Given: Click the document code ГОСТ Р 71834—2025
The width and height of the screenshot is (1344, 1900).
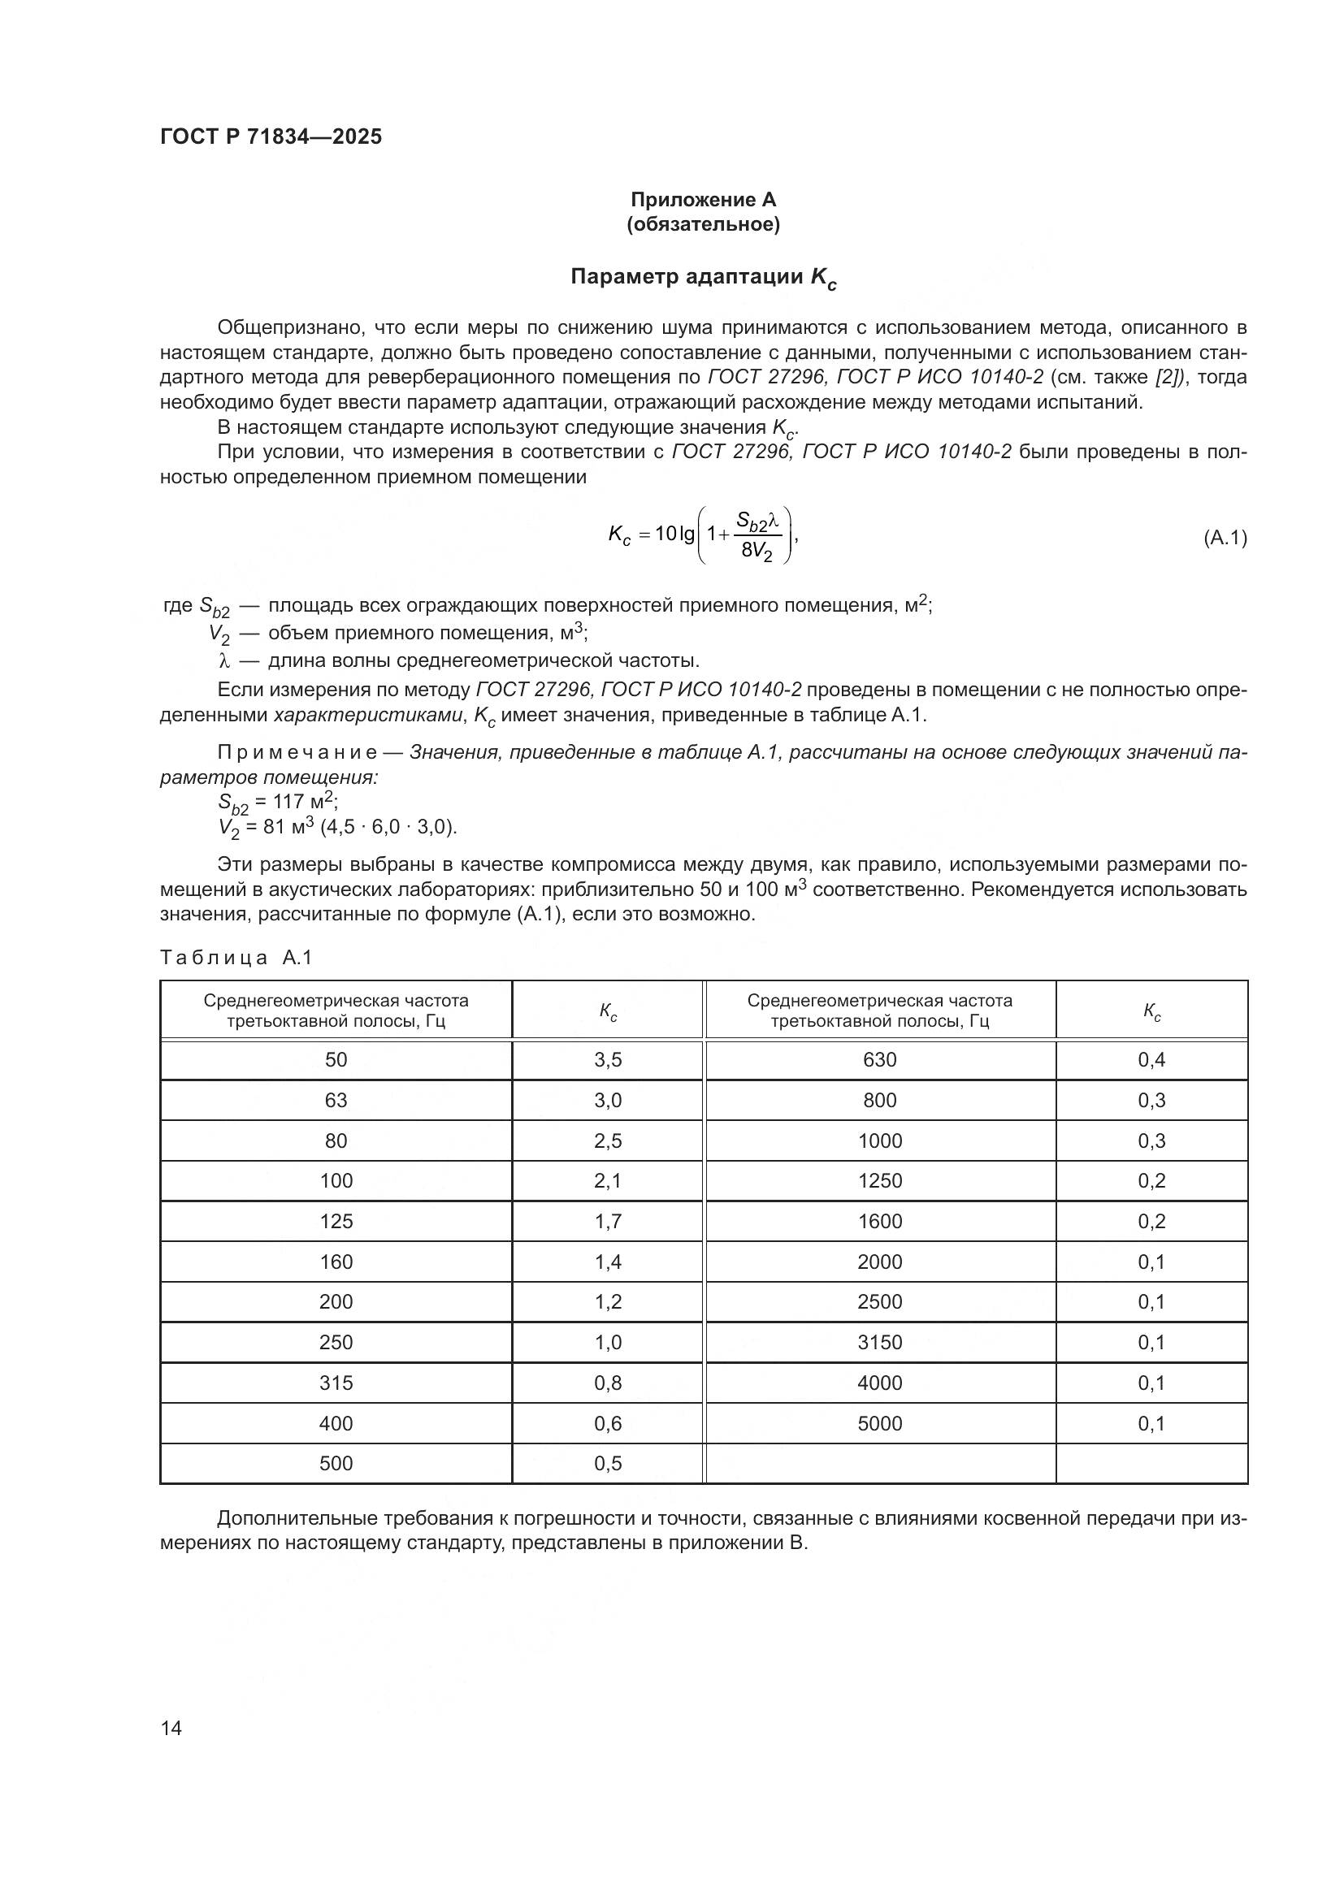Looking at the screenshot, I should (271, 137).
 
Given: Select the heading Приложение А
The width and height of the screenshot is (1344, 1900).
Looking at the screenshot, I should (704, 200).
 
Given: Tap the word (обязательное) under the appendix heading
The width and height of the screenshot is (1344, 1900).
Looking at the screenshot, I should (704, 224).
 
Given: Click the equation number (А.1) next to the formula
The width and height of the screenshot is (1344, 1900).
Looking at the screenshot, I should (1224, 538).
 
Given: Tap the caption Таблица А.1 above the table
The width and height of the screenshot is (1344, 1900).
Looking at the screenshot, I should (236, 958).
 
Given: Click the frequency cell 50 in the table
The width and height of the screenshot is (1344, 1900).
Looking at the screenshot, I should (336, 1060).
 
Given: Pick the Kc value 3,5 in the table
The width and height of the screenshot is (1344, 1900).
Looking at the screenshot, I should (608, 1060).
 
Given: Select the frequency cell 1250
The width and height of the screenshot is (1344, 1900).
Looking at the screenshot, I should (880, 1181).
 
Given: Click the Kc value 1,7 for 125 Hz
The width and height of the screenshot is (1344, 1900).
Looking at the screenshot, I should (608, 1222).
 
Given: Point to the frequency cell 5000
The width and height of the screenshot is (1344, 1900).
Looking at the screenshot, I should (880, 1423).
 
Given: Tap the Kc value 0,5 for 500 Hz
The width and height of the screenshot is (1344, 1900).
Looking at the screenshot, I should (608, 1463).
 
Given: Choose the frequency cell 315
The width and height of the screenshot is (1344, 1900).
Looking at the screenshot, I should (336, 1383).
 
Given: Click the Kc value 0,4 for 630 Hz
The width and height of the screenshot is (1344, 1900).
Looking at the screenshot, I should (1151, 1060).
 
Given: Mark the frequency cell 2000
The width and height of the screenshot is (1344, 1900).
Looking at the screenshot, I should (880, 1262).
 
